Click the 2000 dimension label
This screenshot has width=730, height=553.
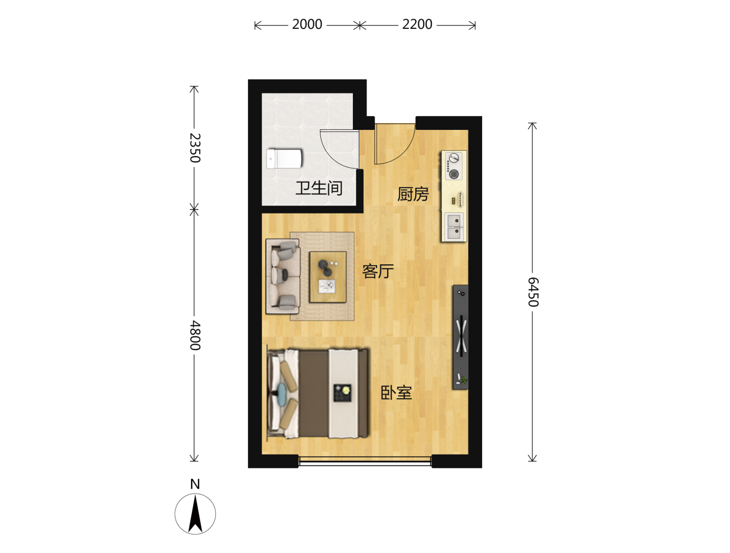(307, 24)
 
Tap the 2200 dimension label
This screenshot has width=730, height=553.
(417, 24)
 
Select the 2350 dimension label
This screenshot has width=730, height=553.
(195, 148)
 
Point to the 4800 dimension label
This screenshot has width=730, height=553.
(195, 335)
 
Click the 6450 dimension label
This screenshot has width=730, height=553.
(533, 292)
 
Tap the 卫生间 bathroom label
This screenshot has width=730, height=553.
(319, 188)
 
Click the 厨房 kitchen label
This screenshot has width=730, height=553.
(413, 194)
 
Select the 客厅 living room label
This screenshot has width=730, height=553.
(378, 271)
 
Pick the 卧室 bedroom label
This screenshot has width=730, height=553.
(396, 393)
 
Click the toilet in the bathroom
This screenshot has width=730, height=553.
(284, 159)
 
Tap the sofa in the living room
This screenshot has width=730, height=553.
(283, 276)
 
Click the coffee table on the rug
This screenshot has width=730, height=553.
(328, 277)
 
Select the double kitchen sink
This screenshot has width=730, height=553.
(454, 227)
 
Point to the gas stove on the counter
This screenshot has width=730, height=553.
(454, 165)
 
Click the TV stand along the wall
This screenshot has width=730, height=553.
(460, 337)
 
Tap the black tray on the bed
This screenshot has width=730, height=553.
(343, 393)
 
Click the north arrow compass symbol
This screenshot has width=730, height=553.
(195, 514)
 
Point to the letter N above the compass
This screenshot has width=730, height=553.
(195, 484)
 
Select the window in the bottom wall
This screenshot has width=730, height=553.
(365, 461)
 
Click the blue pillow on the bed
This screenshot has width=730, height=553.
(282, 394)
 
